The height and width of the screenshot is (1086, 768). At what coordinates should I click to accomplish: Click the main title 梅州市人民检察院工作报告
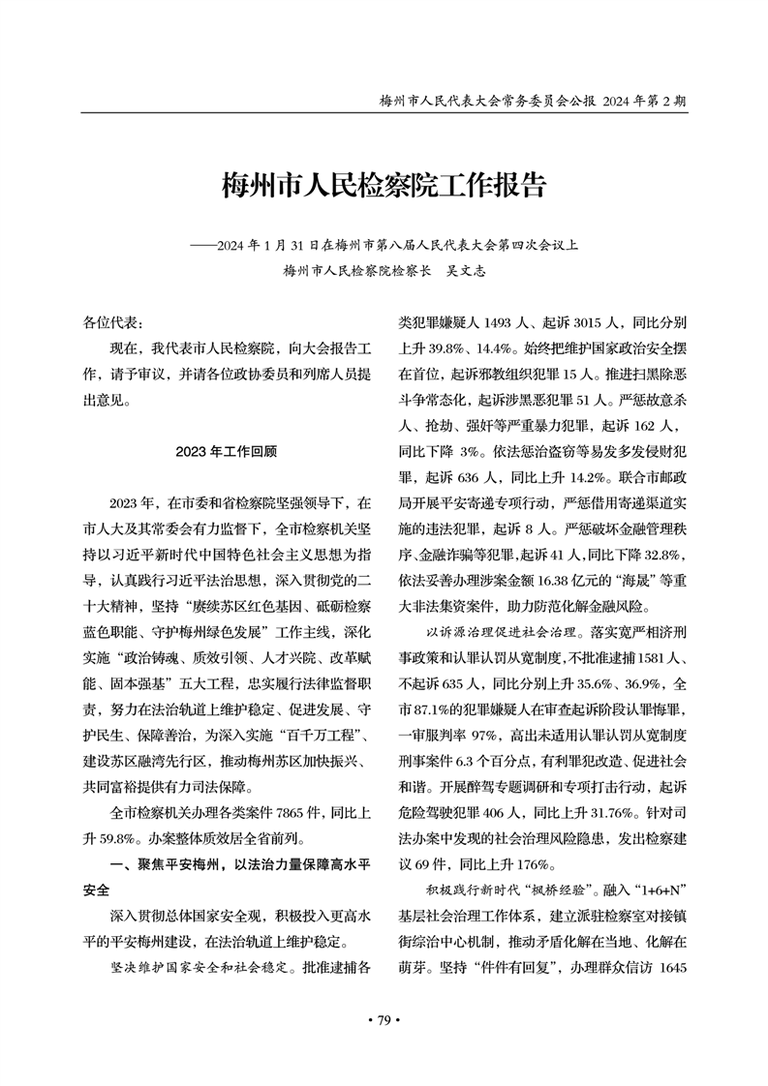point(384,186)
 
